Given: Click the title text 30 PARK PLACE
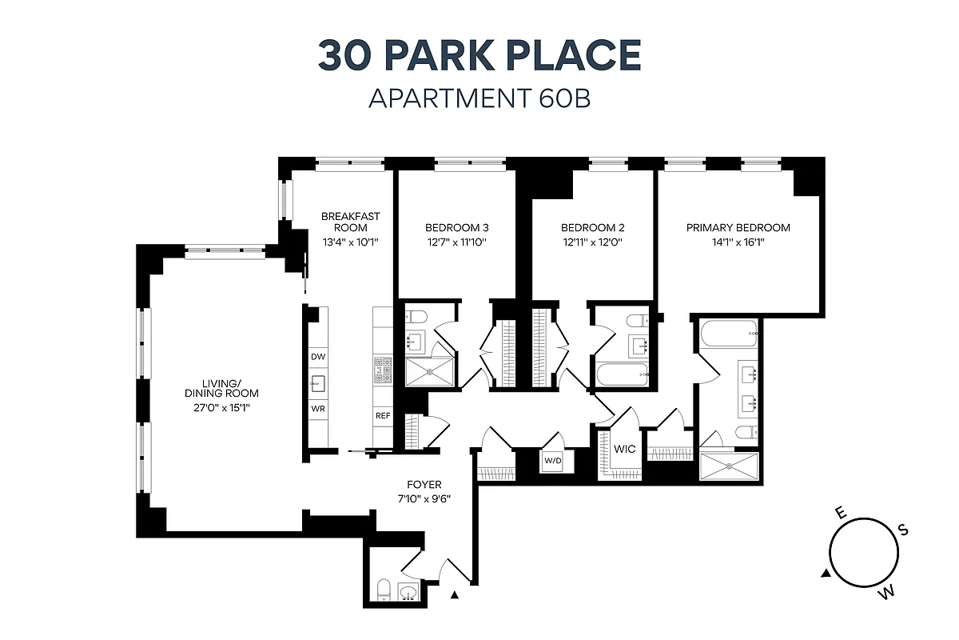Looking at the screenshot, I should click(479, 55).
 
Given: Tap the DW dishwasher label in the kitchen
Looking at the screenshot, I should click(318, 357).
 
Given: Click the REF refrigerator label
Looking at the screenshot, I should click(382, 416).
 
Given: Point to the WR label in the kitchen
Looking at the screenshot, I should click(318, 408).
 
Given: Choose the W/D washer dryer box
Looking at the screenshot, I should click(553, 461).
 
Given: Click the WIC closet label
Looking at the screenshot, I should click(625, 449).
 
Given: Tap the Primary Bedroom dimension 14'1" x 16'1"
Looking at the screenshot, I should click(738, 242).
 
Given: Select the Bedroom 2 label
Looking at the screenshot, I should click(592, 227).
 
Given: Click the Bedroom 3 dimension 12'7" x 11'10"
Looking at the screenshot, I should click(456, 242).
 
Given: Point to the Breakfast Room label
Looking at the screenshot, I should click(350, 222).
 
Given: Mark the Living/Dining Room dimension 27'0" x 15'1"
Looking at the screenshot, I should click(221, 407).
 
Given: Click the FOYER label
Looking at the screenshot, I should click(424, 485).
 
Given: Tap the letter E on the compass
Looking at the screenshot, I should click(840, 513).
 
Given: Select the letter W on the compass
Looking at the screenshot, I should click(885, 593).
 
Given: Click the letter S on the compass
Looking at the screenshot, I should click(903, 530).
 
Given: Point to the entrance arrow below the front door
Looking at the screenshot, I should click(456, 594).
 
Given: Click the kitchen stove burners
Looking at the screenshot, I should click(382, 367).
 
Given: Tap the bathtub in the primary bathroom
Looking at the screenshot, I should click(727, 334).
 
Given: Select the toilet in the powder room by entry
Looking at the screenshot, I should click(383, 590).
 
